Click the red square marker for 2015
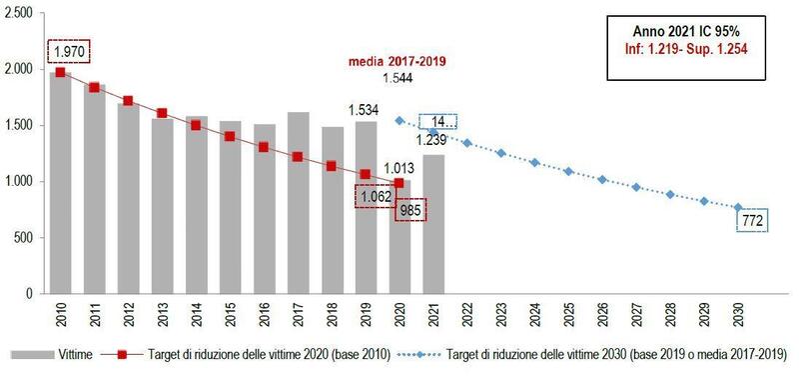230,136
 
